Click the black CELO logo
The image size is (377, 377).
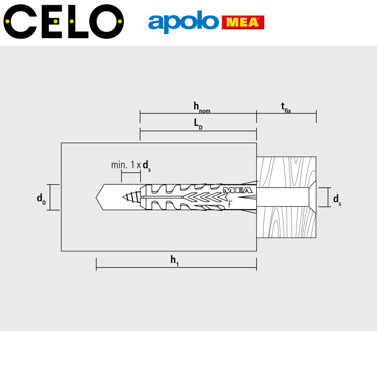tap(64, 21)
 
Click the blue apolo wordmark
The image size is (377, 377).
tap(183, 22)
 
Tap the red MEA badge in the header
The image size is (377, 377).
tap(243, 22)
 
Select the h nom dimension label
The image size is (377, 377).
tap(202, 107)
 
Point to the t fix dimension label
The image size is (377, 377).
tap(286, 108)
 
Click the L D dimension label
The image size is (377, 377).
tap(198, 124)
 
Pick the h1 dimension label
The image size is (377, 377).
tap(174, 261)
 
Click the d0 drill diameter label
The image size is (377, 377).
tap(41, 199)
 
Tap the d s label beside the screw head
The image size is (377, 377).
tap(337, 200)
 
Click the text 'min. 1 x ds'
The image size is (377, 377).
tap(131, 166)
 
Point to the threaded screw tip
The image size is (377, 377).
tap(131, 197)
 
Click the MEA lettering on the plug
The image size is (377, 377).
tap(238, 190)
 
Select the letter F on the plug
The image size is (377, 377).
tap(230, 204)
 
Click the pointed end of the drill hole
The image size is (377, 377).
tap(96, 197)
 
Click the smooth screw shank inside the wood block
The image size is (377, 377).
tap(282, 197)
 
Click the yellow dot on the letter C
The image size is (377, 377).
tap(7, 21)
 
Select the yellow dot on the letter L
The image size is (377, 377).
tap(72, 21)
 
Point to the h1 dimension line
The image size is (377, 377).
tap(176, 267)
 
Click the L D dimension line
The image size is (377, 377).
tap(198, 131)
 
